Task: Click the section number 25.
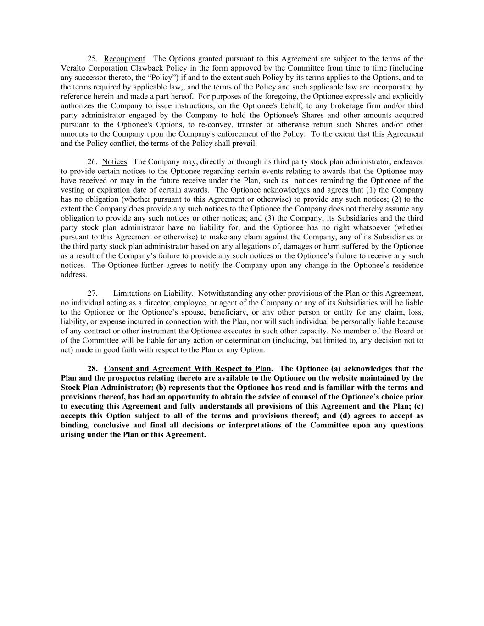coord(92,59)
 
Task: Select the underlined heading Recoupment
coord(124,59)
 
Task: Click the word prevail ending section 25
coord(245,144)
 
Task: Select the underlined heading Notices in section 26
coord(114,162)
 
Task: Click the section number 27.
coord(92,294)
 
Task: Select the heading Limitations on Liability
coord(152,294)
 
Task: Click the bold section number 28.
coord(92,369)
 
